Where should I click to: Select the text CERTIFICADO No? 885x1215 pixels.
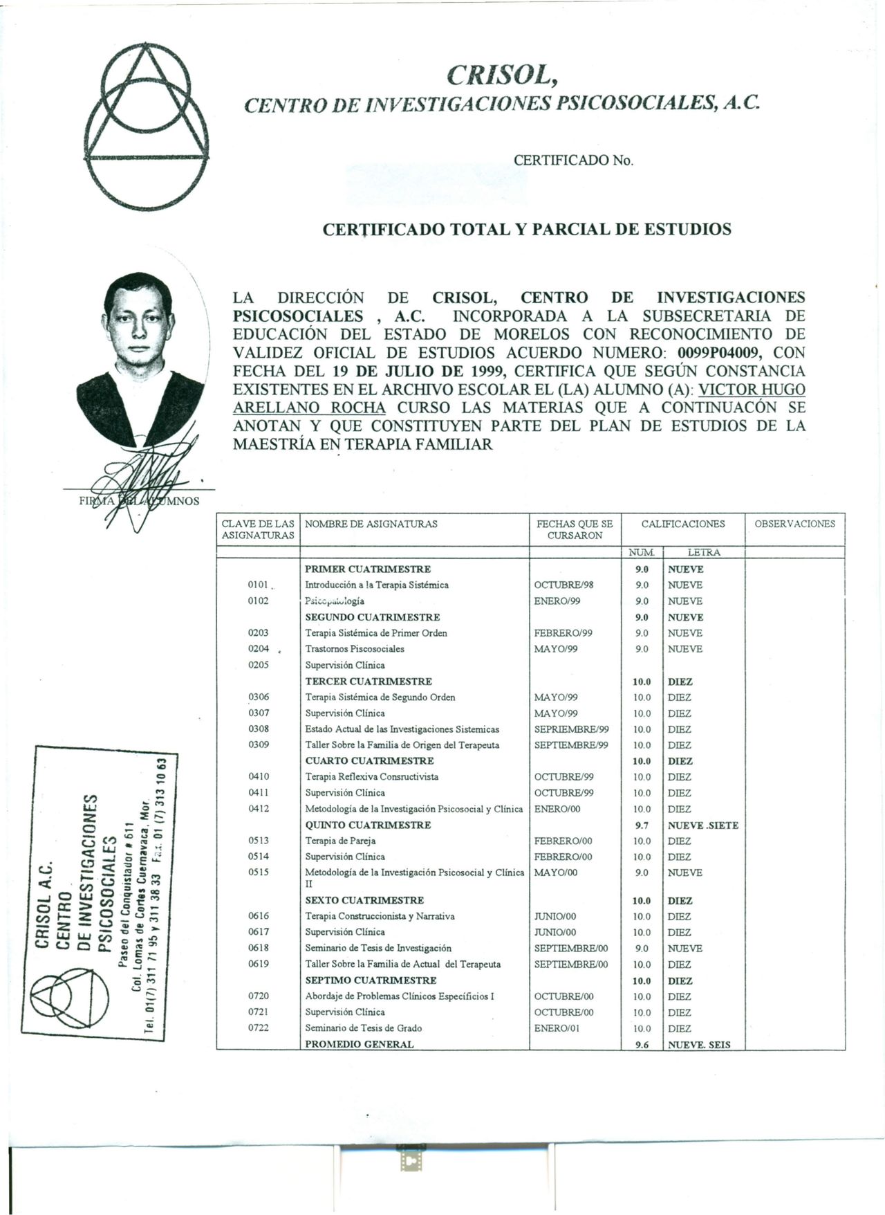573,161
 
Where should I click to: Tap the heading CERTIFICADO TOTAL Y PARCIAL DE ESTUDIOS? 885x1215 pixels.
527,229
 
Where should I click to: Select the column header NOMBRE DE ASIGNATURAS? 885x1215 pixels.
371,524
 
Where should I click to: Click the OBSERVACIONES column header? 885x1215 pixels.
794,524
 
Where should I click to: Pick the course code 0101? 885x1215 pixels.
258,585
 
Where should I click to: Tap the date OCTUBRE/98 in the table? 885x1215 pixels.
564,585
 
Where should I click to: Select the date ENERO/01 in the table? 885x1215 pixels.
557,1028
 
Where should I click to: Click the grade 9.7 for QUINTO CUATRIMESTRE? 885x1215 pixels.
642,825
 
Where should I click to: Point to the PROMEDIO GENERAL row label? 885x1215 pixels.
360,1044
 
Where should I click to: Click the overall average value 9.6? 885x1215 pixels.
642,1045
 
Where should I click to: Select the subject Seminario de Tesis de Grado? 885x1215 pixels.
364,1028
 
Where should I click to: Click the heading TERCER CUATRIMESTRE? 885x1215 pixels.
369,682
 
